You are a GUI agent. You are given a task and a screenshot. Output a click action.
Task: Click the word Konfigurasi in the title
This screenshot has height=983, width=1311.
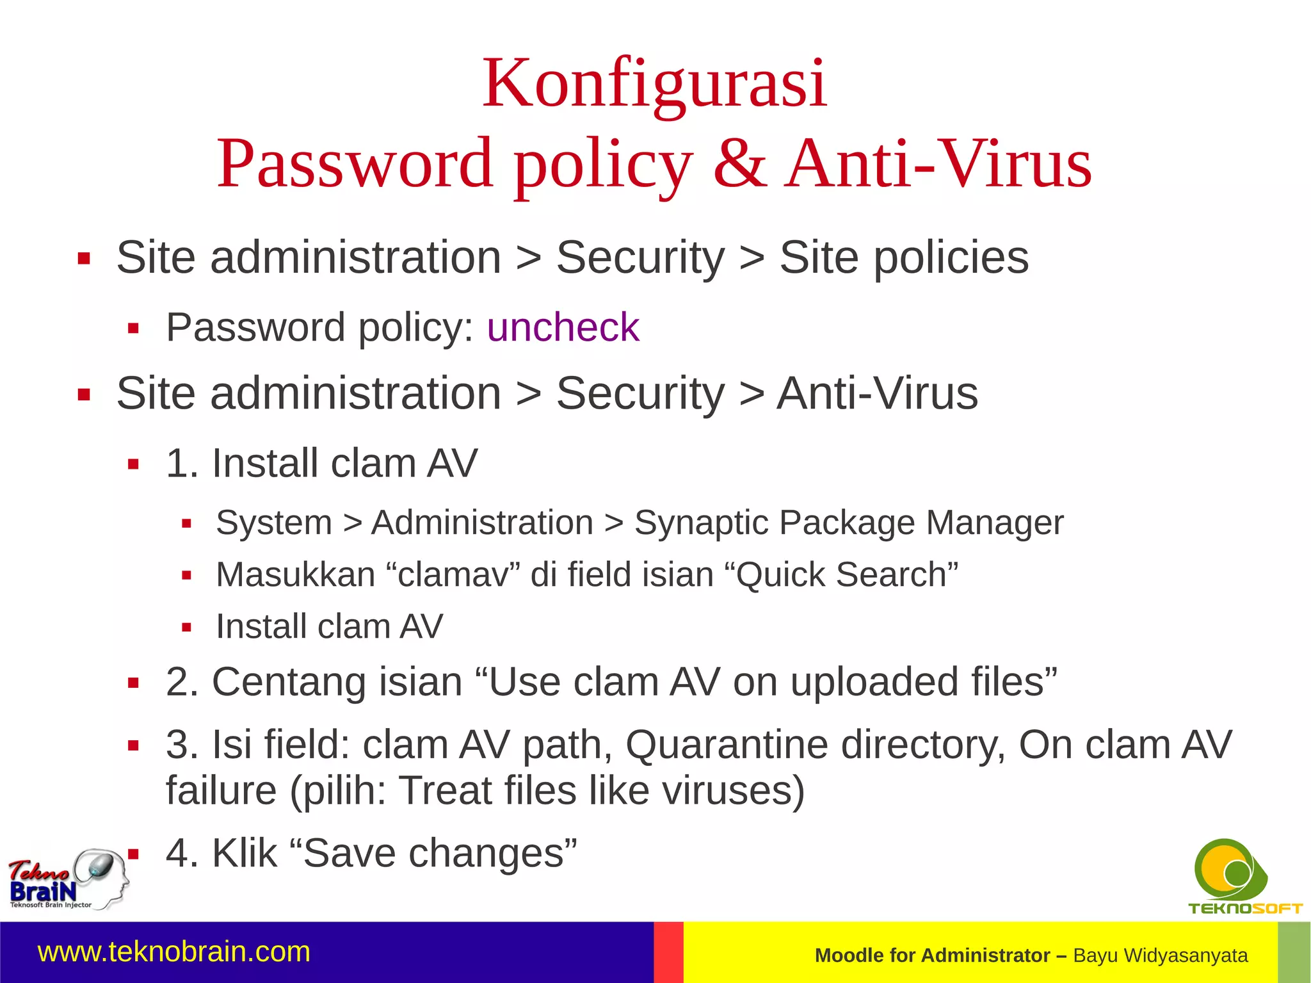[654, 84]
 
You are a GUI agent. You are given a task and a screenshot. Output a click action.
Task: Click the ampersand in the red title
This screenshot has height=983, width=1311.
[739, 164]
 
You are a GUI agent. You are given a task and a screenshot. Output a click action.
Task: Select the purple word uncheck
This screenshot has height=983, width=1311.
[563, 328]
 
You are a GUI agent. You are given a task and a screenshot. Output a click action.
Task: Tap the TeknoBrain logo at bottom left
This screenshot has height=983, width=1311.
[67, 879]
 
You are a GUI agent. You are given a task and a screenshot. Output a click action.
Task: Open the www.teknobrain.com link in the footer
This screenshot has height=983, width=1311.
[174, 952]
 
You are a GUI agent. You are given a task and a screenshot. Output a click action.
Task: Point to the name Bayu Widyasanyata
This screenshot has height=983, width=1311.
[1160, 955]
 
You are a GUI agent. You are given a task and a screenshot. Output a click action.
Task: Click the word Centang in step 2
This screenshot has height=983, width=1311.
[289, 681]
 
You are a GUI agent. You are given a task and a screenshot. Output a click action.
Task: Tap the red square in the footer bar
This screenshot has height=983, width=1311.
[668, 952]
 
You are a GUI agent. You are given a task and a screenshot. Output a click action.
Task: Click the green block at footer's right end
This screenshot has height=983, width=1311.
[1294, 952]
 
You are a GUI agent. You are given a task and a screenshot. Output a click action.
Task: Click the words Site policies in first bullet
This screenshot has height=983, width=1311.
[903, 257]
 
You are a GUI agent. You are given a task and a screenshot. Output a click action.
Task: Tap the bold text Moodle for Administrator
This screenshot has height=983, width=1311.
[931, 955]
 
